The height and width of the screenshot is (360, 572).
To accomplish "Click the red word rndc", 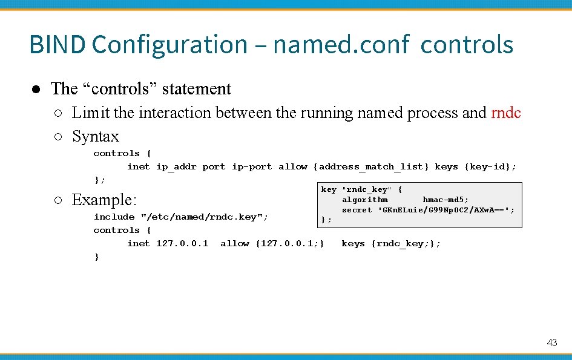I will coord(506,113).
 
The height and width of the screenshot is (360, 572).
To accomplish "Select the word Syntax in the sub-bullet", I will coord(96,137).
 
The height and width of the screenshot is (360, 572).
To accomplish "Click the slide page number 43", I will coord(551,342).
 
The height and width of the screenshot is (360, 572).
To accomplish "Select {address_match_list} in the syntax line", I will coord(371,167).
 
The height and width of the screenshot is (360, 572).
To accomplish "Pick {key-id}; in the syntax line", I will coord(490,167).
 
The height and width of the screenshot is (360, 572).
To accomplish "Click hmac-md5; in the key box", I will coord(445,200).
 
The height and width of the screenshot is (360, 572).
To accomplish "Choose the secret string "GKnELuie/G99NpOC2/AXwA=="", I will coord(446,210).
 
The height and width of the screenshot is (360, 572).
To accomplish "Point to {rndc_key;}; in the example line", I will coord(406,243).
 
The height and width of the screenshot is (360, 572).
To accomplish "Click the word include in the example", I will coord(114,217).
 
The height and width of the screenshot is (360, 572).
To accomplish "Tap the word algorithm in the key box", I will coord(365,200).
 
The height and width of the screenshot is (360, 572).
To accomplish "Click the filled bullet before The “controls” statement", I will coord(36,89).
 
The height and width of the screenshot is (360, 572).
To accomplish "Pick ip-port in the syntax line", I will coord(252,167).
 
